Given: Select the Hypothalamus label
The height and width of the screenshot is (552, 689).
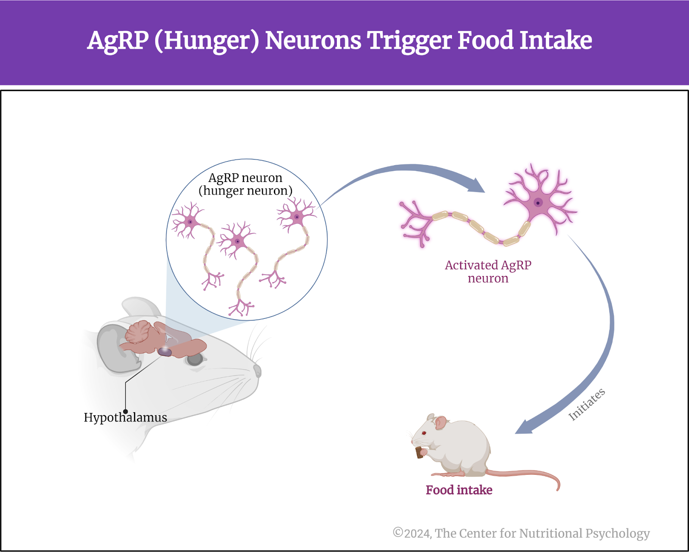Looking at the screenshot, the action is click(x=125, y=418).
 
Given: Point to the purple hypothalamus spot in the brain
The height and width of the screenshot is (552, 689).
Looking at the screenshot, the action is click(x=165, y=352).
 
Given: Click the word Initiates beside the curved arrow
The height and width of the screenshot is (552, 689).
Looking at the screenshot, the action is click(x=587, y=405).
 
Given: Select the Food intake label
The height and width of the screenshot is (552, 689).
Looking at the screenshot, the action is click(x=459, y=490).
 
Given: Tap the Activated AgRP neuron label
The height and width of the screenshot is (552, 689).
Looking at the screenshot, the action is click(x=488, y=272).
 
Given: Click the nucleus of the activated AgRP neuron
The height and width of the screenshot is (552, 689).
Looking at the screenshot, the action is click(x=538, y=203).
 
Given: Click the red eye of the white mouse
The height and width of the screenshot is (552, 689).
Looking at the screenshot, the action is click(x=424, y=433).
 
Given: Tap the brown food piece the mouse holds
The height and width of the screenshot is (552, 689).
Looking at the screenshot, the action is click(x=419, y=452).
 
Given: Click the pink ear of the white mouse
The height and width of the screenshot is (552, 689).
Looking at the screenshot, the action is click(x=440, y=423).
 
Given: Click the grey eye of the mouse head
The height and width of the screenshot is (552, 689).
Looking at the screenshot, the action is click(x=195, y=360).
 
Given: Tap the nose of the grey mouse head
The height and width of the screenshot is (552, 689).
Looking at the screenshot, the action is click(x=258, y=371).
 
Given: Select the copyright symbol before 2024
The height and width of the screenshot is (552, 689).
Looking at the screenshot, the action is click(x=397, y=532).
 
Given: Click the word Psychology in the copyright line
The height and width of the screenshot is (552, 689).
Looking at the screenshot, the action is click(x=618, y=534).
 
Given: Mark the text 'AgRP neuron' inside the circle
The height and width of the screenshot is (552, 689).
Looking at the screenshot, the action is click(x=245, y=178).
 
